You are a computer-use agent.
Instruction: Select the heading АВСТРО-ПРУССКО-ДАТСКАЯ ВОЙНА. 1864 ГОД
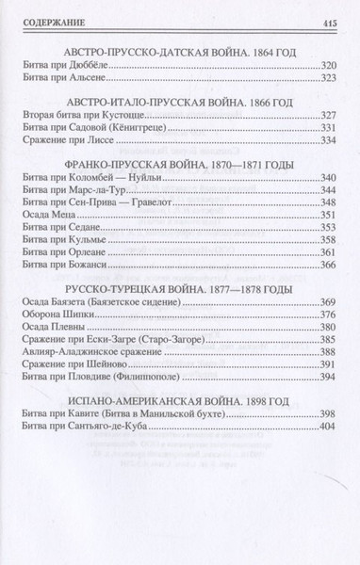coord(179,52)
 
